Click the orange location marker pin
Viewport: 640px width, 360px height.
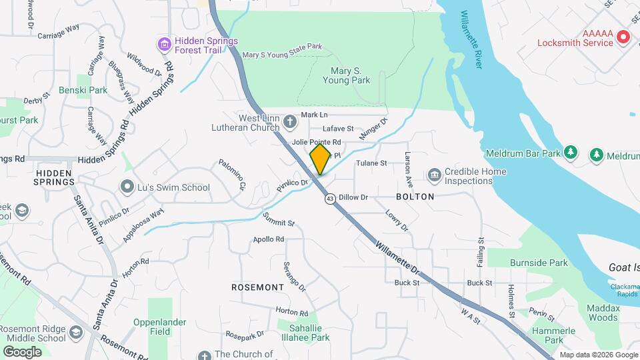pyautogui.click(x=320, y=159)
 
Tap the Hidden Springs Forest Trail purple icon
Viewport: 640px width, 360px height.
pyautogui.click(x=164, y=45)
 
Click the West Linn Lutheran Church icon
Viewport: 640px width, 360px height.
pyautogui.click(x=289, y=121)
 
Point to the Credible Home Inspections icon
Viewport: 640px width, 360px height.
pyautogui.click(x=435, y=175)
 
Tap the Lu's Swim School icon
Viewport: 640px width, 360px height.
pyautogui.click(x=127, y=187)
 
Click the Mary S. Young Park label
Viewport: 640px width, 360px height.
pyautogui.click(x=346, y=75)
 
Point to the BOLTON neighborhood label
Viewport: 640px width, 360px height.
pyautogui.click(x=415, y=197)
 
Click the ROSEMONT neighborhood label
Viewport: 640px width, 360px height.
pyautogui.click(x=258, y=287)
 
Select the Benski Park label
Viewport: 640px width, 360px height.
pyautogui.click(x=83, y=90)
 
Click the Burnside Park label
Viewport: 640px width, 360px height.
pyautogui.click(x=539, y=263)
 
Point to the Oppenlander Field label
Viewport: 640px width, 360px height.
pyautogui.click(x=159, y=326)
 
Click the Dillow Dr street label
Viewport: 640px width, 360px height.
pyautogui.click(x=353, y=197)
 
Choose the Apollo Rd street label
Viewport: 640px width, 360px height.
pyautogui.click(x=269, y=239)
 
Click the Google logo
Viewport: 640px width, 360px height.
pyautogui.click(x=22, y=351)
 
